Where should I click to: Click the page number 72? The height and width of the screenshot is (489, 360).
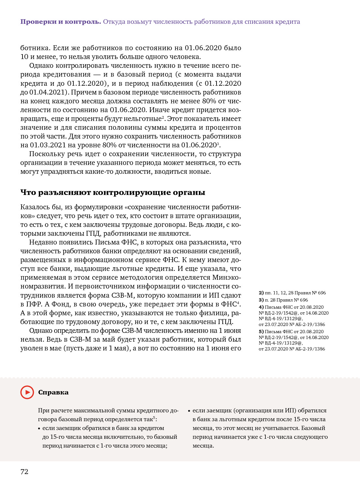tap(24, 472)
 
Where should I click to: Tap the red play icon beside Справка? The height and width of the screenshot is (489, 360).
tap(27, 392)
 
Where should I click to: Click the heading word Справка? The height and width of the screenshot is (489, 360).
tap(53, 392)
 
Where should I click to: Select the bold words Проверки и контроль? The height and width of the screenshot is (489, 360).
tap(61, 22)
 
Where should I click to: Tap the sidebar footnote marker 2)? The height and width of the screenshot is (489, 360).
tap(261, 293)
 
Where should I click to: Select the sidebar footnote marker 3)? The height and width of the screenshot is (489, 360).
tap(261, 300)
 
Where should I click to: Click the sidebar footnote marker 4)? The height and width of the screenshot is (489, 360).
tap(261, 307)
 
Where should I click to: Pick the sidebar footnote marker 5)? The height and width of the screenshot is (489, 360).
tap(261, 332)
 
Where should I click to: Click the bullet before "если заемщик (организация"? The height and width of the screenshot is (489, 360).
tap(189, 411)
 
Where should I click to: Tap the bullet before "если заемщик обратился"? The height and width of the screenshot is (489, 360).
tap(39, 428)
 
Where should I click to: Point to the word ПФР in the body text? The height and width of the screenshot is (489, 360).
tap(33, 304)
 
